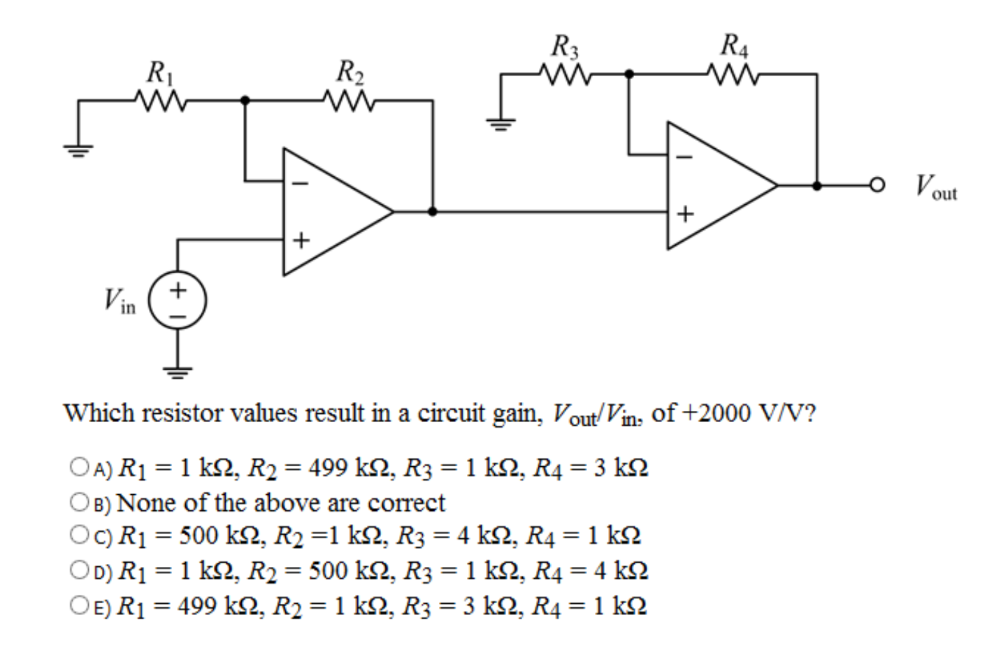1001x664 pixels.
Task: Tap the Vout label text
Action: pyautogui.click(x=936, y=187)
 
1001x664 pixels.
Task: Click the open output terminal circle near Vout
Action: pyautogui.click(x=877, y=186)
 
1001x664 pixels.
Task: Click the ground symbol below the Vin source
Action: pyautogui.click(x=178, y=370)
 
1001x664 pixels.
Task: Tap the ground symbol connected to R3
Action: pyautogui.click(x=501, y=124)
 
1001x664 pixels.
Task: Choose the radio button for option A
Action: pyautogui.click(x=80, y=466)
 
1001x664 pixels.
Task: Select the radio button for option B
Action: pyautogui.click(x=80, y=501)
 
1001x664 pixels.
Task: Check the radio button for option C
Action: pyautogui.click(x=80, y=535)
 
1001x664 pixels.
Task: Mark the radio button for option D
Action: pyautogui.click(x=80, y=570)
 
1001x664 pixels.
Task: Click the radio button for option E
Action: pyautogui.click(x=80, y=605)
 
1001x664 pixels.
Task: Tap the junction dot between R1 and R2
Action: pyautogui.click(x=245, y=100)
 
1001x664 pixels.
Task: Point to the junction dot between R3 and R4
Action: pyautogui.click(x=629, y=73)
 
